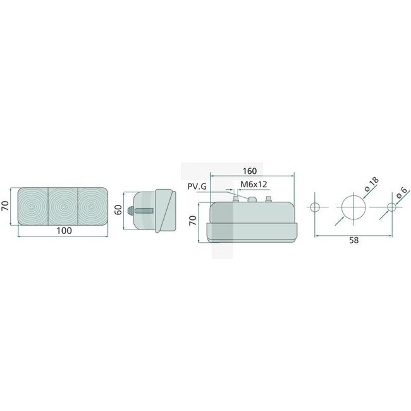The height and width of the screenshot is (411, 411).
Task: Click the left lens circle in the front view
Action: pyautogui.click(x=32, y=205)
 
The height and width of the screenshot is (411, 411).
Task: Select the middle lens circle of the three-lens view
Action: pyautogui.click(x=63, y=205)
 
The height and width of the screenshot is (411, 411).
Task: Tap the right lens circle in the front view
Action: pyautogui.click(x=93, y=205)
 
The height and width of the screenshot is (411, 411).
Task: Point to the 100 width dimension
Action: pyautogui.click(x=63, y=230)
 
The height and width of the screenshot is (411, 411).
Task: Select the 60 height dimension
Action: pyautogui.click(x=117, y=210)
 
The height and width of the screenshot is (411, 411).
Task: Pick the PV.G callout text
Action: pyautogui.click(x=198, y=185)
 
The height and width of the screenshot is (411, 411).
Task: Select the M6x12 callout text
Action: pyautogui.click(x=252, y=184)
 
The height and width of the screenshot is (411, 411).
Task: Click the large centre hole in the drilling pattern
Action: pyautogui.click(x=354, y=207)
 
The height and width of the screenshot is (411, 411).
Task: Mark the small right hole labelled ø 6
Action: pyautogui.click(x=391, y=207)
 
